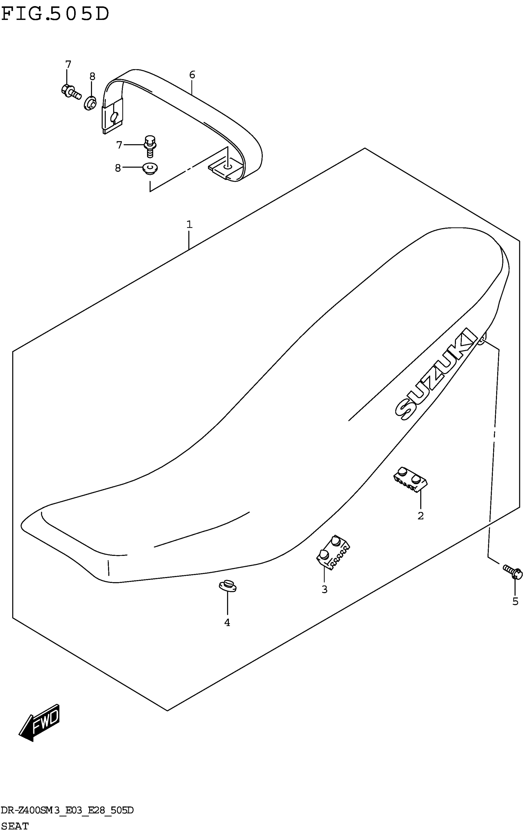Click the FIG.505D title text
(55, 14)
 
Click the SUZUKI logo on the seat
(436, 374)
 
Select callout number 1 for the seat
(189, 225)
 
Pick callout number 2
(421, 516)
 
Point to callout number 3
(324, 589)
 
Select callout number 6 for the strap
(192, 75)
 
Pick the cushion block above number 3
(333, 552)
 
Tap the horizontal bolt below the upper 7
(70, 91)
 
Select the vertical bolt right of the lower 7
(150, 146)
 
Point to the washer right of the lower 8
(150, 169)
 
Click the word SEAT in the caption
(15, 826)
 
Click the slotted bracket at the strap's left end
(112, 116)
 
